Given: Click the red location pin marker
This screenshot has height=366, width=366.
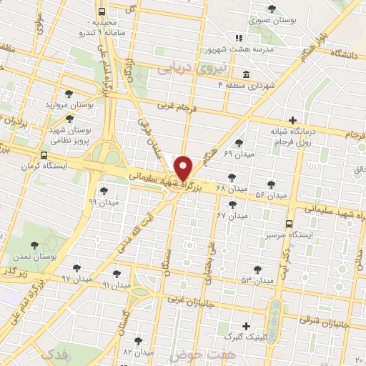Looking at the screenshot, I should click(x=184, y=168).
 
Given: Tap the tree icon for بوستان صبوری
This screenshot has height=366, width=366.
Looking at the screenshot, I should click(x=272, y=9).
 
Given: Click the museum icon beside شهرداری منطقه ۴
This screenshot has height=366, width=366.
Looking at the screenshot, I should click(x=246, y=75).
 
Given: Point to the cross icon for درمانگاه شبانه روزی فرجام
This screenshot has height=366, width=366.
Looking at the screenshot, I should click(x=291, y=121).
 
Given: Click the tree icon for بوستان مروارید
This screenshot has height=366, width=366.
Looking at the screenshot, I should click(x=69, y=94).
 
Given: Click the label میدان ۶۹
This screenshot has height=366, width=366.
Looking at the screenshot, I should click(x=238, y=154).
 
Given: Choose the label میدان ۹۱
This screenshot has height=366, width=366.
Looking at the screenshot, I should click(x=117, y=285).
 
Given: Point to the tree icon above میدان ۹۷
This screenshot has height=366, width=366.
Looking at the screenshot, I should click(x=76, y=267).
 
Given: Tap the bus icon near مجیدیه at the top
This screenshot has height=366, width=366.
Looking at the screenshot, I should click(x=102, y=12).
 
